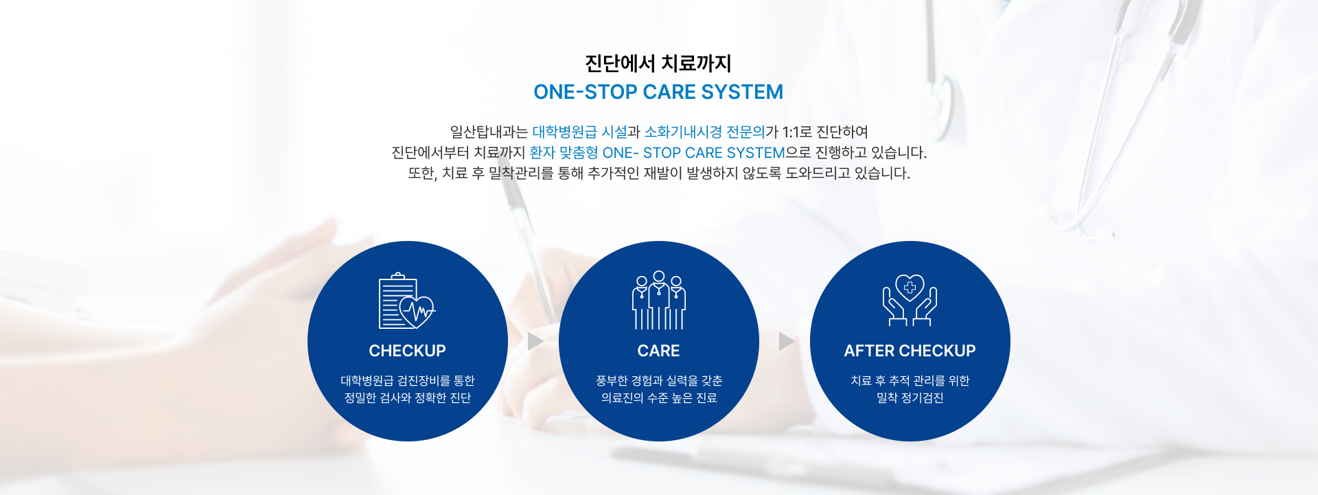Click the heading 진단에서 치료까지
658,64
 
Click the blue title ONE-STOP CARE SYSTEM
658,92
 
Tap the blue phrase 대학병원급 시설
580,132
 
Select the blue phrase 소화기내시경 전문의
704,132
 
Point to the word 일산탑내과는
489,132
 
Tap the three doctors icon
659,300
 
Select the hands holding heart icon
910,300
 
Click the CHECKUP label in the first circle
407,351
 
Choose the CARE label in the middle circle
658,351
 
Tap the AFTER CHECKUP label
910,351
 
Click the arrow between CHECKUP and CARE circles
535,341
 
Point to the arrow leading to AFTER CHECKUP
786,341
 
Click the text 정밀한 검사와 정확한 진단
407,398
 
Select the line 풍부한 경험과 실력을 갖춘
659,381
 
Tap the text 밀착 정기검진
910,398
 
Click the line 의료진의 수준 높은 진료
659,398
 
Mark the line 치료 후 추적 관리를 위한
910,381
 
